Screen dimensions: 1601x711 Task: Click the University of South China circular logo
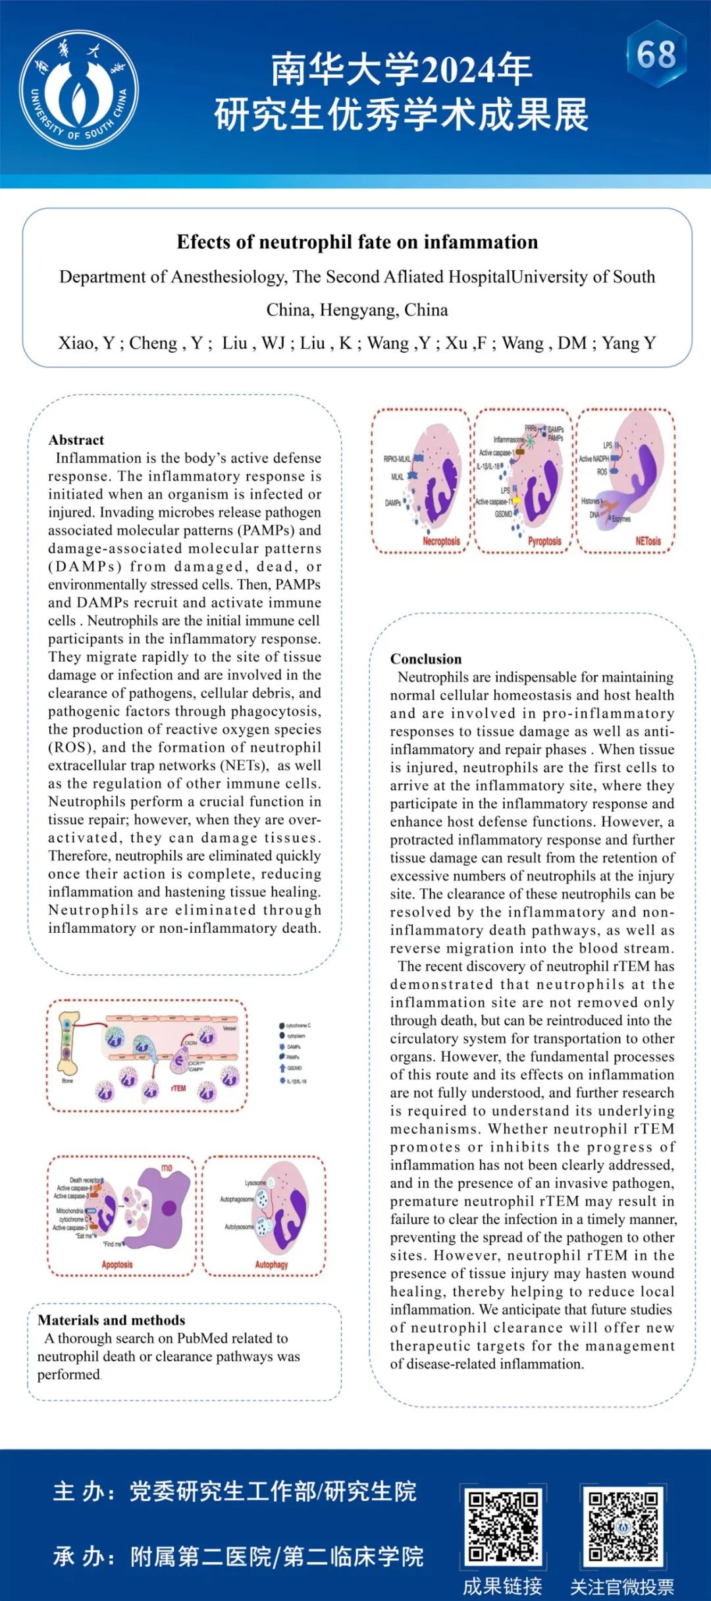pyautogui.click(x=78, y=90)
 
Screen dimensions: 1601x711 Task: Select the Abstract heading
pyautogui.click(x=76, y=440)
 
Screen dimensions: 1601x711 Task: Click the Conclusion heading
pyautogui.click(x=426, y=659)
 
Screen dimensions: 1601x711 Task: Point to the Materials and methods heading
pyautogui.click(x=111, y=1320)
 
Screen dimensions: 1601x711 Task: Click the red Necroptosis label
pyautogui.click(x=441, y=541)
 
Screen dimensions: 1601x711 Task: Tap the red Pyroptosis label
pyautogui.click(x=544, y=541)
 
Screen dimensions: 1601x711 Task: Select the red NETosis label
pyautogui.click(x=648, y=541)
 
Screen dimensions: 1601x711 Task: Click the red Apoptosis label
pyautogui.click(x=117, y=1264)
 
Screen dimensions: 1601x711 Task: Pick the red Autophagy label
pyautogui.click(x=271, y=1264)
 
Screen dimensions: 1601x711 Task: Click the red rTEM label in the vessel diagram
pyautogui.click(x=178, y=1088)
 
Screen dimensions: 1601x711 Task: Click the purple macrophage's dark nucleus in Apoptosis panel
pyautogui.click(x=169, y=1208)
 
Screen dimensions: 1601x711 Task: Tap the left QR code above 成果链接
pyautogui.click(x=503, y=1527)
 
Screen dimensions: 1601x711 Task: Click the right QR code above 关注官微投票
pyautogui.click(x=623, y=1527)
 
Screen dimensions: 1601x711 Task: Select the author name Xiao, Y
pyautogui.click(x=86, y=343)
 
